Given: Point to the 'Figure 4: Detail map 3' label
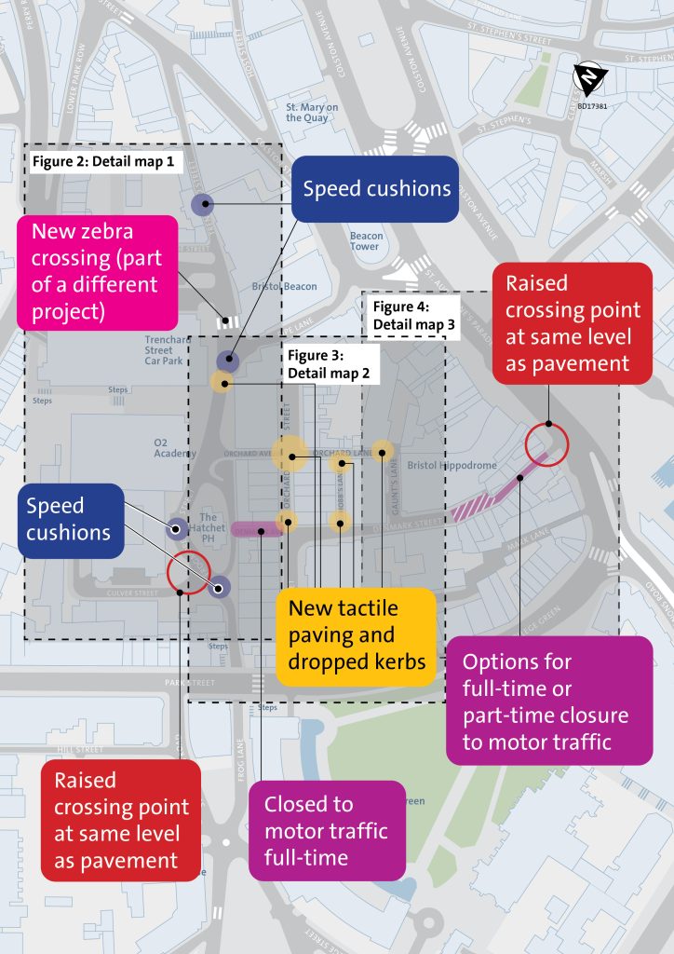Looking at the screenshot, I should tap(413, 315).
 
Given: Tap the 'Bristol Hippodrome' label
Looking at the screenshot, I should tap(452, 465).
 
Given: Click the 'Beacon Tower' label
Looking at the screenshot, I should tap(366, 241).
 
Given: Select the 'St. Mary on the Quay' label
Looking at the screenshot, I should tap(312, 113).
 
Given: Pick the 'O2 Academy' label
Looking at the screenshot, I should tap(175, 447).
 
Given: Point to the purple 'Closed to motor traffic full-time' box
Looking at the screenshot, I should tap(326, 830).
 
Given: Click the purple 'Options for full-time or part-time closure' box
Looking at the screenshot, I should tap(545, 701).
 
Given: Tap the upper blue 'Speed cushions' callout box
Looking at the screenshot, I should tap(376, 189).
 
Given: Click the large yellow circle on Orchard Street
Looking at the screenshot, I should tap(290, 454).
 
